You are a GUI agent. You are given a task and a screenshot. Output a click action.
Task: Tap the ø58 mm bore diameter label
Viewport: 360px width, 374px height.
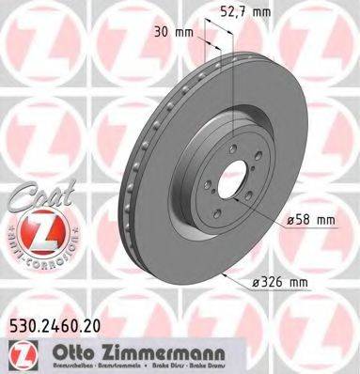click(x=309, y=220)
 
